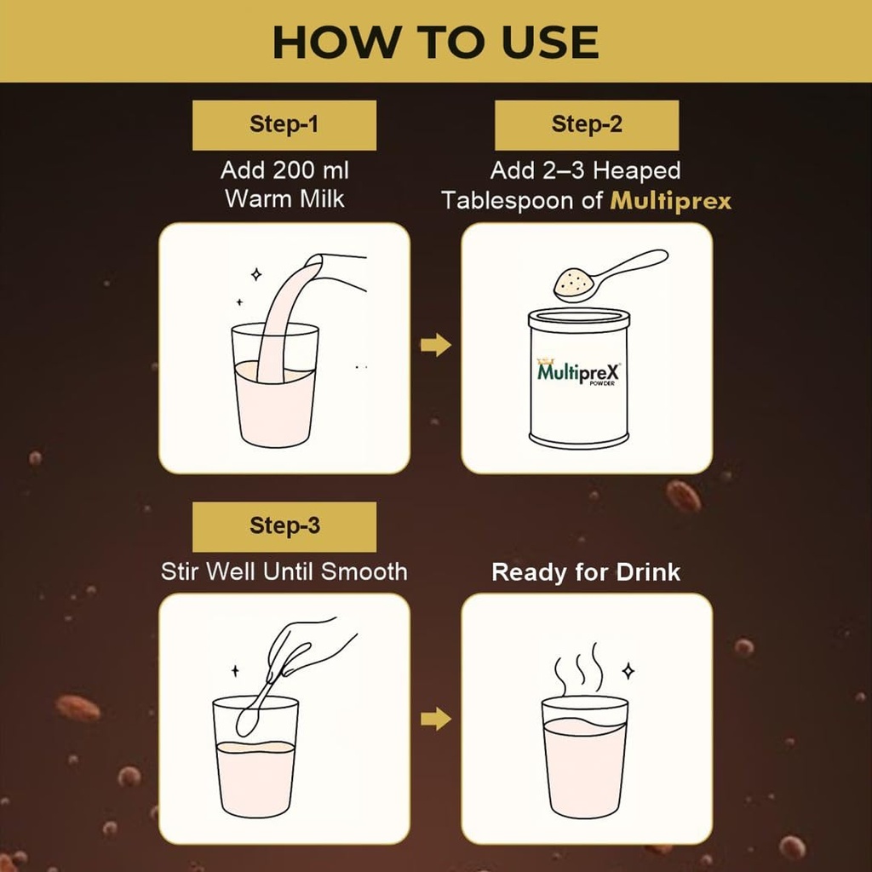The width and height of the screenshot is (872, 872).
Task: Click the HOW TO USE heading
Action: [435, 43]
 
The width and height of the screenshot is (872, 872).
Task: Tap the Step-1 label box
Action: [284, 125]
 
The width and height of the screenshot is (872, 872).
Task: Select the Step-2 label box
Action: [587, 125]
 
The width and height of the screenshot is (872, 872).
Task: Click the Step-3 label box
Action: [284, 526]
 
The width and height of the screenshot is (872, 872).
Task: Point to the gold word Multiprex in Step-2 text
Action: [671, 201]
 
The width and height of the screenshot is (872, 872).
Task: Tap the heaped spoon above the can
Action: [610, 275]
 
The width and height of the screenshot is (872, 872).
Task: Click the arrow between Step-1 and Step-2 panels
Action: [435, 345]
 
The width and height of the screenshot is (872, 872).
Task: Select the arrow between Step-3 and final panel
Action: [435, 719]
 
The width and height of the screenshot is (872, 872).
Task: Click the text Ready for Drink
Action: [586, 571]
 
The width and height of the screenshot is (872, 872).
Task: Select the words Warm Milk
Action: [284, 199]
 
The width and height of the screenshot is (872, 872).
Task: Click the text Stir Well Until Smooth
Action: [284, 571]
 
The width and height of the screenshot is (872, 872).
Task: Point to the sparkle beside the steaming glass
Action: [628, 671]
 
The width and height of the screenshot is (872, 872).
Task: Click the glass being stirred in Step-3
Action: [255, 756]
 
